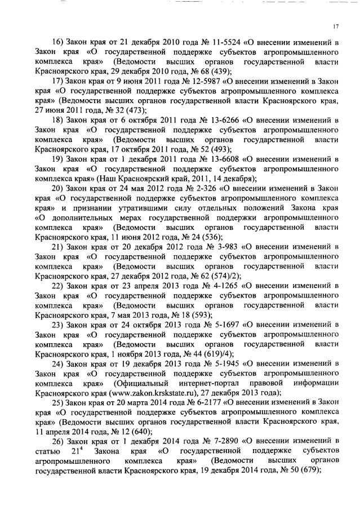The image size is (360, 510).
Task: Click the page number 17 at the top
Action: [335, 26]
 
